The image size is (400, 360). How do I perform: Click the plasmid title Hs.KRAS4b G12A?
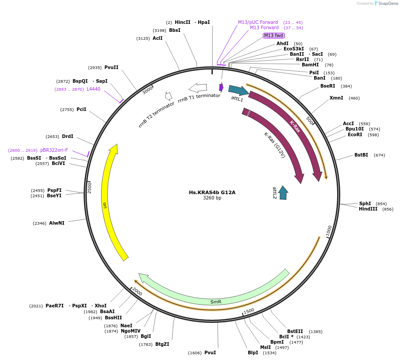coord(212,192)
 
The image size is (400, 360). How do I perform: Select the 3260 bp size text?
coord(212,198)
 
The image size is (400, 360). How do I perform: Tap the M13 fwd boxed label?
coord(273,35)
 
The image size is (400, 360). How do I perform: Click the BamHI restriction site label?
coord(310,65)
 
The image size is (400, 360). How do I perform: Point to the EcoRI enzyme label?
coord(355,135)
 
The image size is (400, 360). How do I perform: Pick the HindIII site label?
coord(368,209)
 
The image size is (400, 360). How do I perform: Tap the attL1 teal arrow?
coord(238,91)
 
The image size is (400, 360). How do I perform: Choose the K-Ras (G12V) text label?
coord(274,145)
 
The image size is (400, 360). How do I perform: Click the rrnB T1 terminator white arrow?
coord(198,88)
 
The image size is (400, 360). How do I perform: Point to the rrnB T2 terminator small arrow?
coord(168,96)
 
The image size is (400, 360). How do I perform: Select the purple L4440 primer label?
coord(93,89)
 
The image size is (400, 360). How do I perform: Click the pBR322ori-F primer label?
coord(54,150)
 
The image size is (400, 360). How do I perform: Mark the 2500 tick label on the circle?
coord(89,188)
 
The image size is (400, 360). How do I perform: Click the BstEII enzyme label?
coord(295,331)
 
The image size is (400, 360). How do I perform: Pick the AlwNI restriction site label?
coord(57,223)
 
